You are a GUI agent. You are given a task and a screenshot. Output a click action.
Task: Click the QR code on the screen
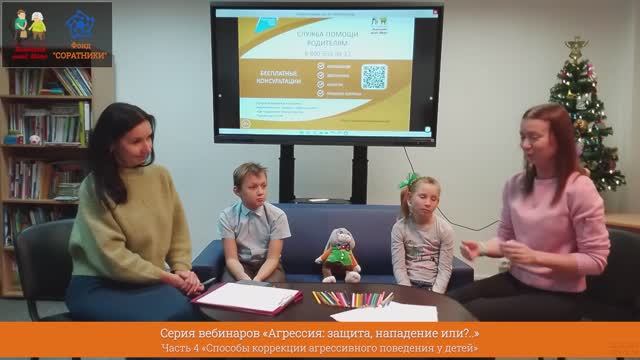[x=373, y=77]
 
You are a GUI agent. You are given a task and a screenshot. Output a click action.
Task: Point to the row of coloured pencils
[x=350, y=298]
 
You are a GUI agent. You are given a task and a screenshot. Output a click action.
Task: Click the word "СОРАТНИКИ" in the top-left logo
[x=83, y=54]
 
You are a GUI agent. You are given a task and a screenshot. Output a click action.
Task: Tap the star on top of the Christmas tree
[x=576, y=46]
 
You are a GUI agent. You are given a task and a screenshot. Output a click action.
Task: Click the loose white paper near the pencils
[x=384, y=312]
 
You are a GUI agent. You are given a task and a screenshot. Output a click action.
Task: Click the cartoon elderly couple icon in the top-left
[x=28, y=24]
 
